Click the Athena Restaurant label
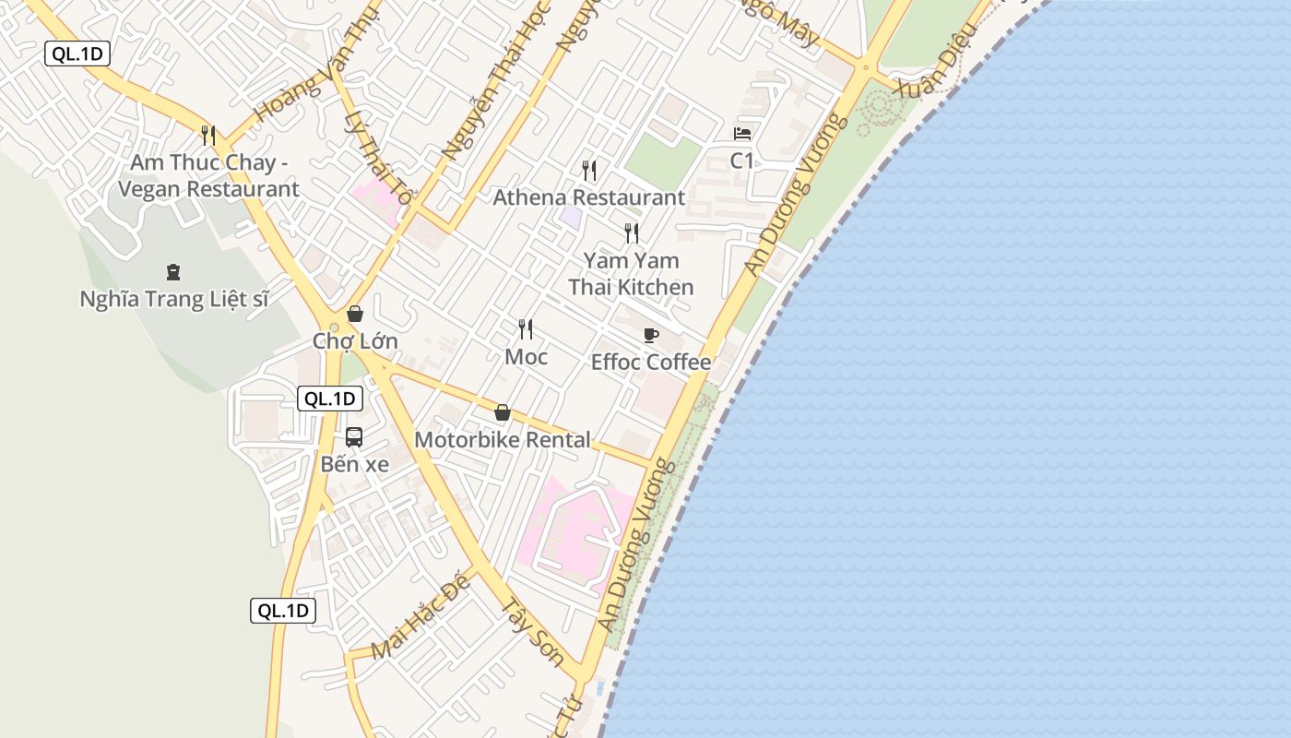(588, 197)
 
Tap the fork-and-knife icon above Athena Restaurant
(589, 170)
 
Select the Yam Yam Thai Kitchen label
(631, 274)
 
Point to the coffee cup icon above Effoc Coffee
(651, 335)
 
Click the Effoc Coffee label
(651, 362)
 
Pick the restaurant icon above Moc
(526, 329)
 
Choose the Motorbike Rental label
(503, 440)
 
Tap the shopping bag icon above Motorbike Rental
(503, 412)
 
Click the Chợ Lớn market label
(355, 341)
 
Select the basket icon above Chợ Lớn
(355, 314)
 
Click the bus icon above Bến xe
(354, 437)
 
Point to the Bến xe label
(354, 464)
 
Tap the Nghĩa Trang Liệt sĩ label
(173, 299)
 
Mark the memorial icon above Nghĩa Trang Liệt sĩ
(173, 272)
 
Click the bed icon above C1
(742, 134)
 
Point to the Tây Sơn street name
(532, 633)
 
